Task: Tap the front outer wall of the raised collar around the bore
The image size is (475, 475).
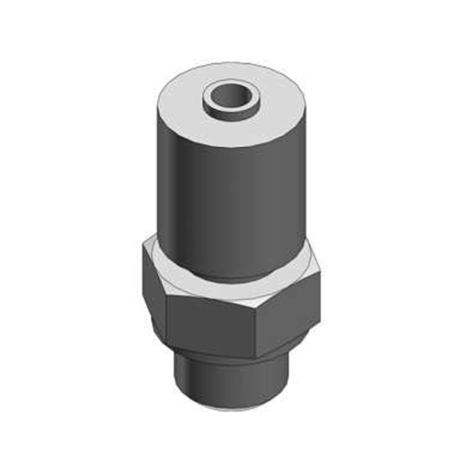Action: [231, 111]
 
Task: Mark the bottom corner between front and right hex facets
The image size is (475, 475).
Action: [256, 358]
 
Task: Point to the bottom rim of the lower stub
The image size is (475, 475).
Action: [232, 408]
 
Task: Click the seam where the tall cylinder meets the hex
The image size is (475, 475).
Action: [232, 280]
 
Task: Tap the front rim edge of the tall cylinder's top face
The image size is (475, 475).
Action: [232, 147]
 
